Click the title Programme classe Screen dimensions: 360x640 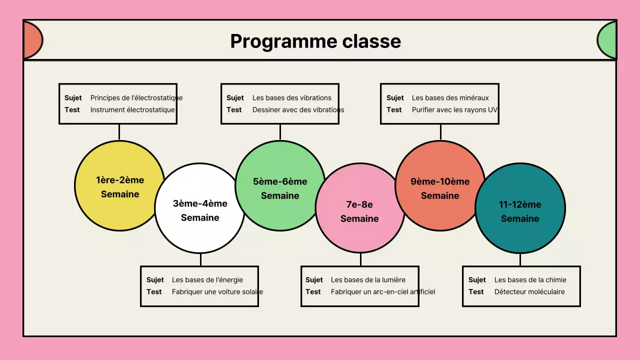(315, 41)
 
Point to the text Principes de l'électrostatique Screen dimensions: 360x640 (136, 98)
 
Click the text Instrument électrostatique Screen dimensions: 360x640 (132, 110)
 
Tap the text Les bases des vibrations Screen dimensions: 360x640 (292, 98)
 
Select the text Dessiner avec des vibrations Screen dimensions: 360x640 (298, 110)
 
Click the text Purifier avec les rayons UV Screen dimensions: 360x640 (454, 110)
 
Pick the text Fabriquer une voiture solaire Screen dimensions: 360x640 (217, 292)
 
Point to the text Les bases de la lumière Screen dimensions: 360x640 (368, 280)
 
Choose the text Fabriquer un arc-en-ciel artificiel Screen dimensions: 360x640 (383, 292)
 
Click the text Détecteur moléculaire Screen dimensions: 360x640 (529, 292)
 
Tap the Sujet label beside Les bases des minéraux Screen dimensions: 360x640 (395, 98)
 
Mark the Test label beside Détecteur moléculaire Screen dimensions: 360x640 (476, 292)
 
